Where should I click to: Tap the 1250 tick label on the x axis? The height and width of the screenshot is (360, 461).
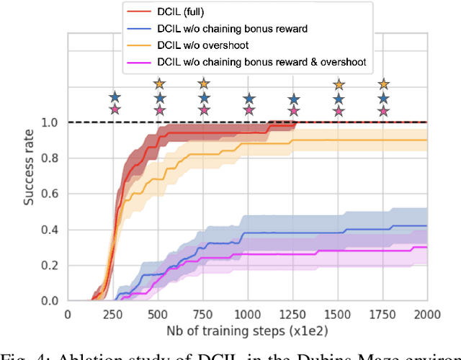coord(292,314)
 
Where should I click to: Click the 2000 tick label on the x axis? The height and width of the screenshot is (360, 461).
coord(426,314)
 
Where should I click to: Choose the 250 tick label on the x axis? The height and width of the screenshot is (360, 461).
coord(113,314)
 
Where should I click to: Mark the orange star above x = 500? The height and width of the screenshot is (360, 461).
coord(159,85)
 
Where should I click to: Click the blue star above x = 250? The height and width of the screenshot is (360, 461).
coord(114,97)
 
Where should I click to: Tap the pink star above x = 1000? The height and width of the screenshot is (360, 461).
coord(249,110)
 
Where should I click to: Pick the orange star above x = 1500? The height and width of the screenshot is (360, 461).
coord(339,85)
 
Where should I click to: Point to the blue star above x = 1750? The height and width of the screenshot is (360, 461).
coord(383,97)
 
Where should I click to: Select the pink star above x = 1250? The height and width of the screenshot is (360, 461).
coord(293,110)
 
